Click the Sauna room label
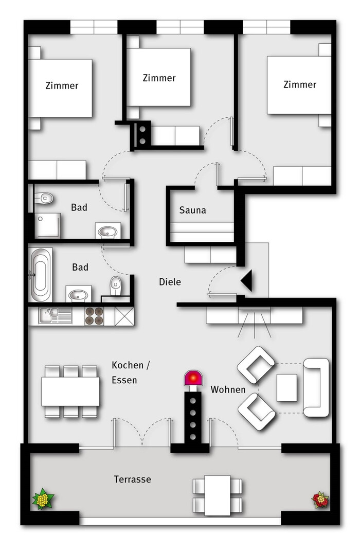pyautogui.click(x=192, y=210)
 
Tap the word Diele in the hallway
pyautogui.click(x=170, y=281)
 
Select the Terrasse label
pyautogui.click(x=132, y=479)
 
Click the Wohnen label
pyautogui.click(x=228, y=389)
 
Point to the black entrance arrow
pyautogui.click(x=247, y=280)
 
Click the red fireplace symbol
pyautogui.click(x=193, y=378)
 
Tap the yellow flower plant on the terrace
pyautogui.click(x=43, y=499)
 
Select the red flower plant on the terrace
pyautogui.click(x=320, y=500)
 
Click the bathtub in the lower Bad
pyautogui.click(x=40, y=275)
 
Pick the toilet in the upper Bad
pyautogui.click(x=44, y=198)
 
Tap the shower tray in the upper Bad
pyautogui.click(x=47, y=225)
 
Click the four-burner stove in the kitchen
pyautogui.click(x=94, y=316)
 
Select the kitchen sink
pyautogui.click(x=55, y=315)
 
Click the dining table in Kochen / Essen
pyautogui.click(x=70, y=391)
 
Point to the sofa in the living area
pyautogui.click(x=316, y=387)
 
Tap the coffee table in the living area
pyautogui.click(x=286, y=387)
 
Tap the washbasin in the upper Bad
pyautogui.click(x=107, y=232)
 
